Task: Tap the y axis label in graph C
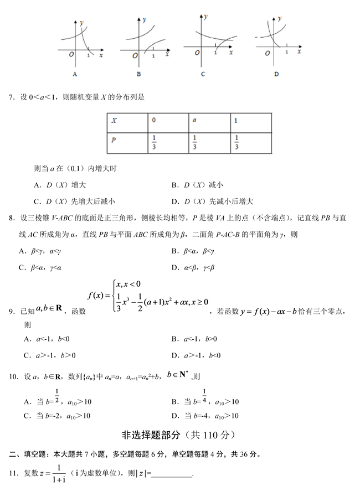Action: tap(206, 17)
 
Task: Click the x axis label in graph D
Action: tap(299, 51)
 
